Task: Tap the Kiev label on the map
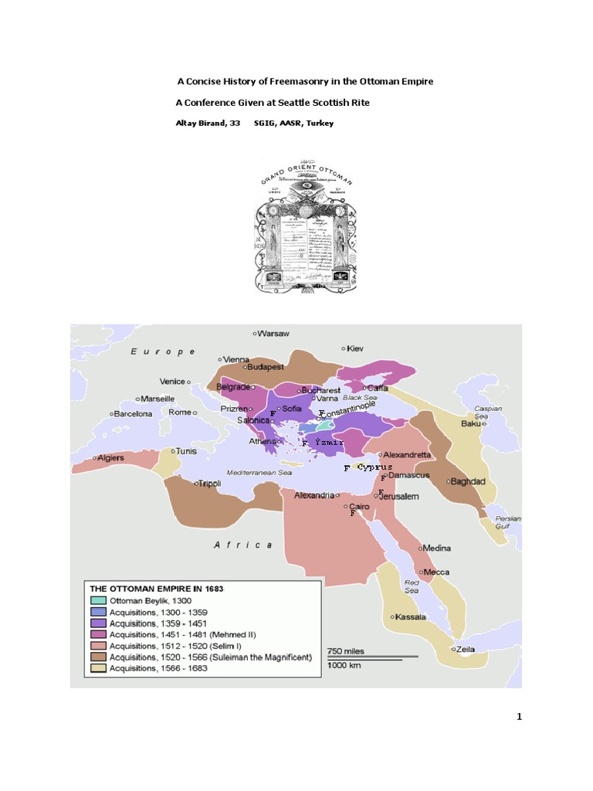pyautogui.click(x=354, y=348)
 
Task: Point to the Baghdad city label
pyautogui.click(x=468, y=480)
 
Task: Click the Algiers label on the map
pyautogui.click(x=110, y=458)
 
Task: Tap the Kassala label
pyautogui.click(x=411, y=616)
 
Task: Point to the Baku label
pyautogui.click(x=470, y=423)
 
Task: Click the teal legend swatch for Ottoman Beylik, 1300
pyautogui.click(x=98, y=600)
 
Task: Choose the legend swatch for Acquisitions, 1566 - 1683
pyautogui.click(x=98, y=668)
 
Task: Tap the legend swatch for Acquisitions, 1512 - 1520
pyautogui.click(x=98, y=646)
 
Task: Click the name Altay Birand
pyautogui.click(x=198, y=123)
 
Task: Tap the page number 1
pyautogui.click(x=520, y=716)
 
